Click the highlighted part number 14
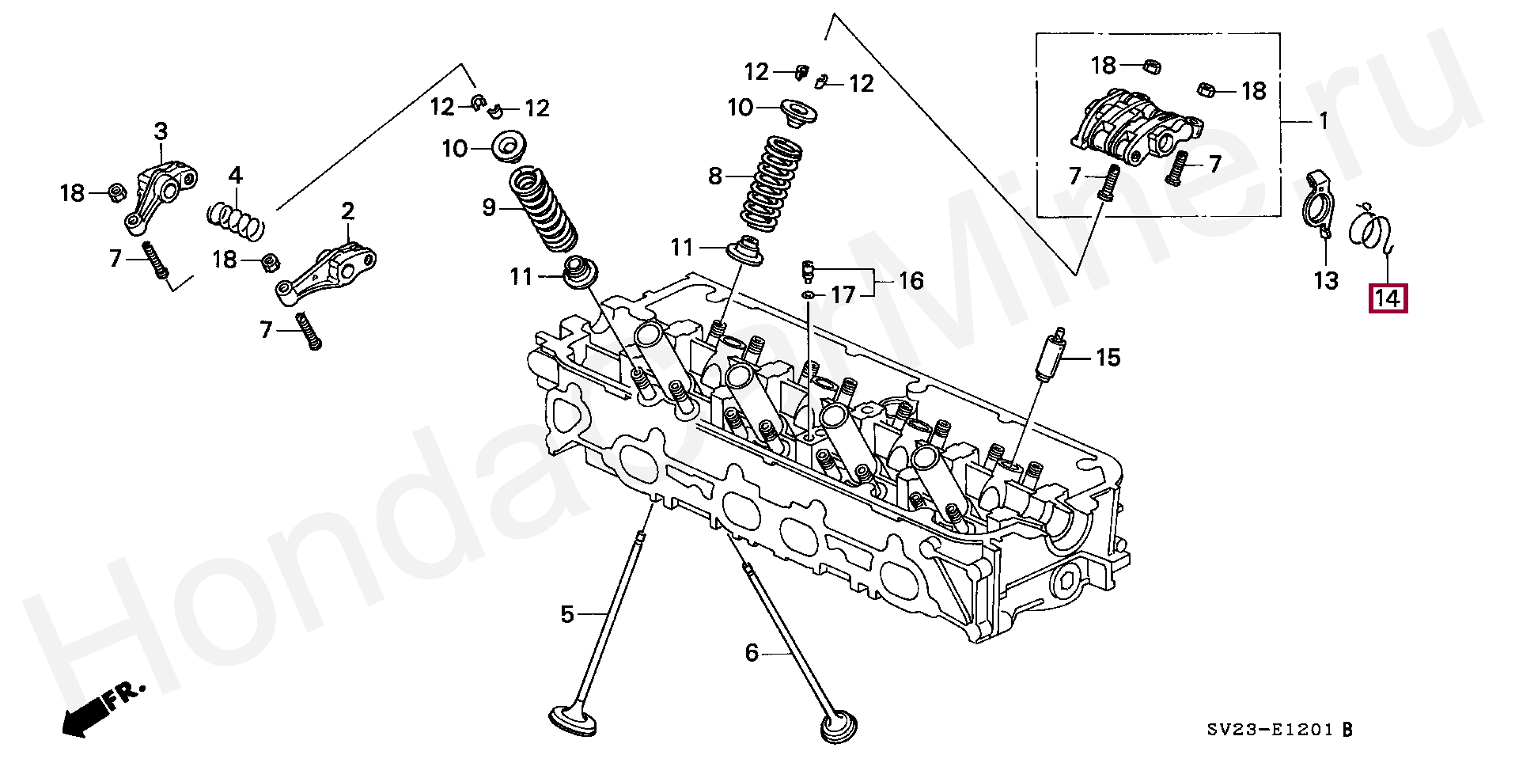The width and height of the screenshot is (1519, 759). point(1389,299)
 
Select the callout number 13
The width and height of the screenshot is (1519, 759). point(1326,280)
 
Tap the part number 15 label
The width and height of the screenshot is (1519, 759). point(1108,358)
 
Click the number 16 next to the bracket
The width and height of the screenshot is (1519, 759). point(911,281)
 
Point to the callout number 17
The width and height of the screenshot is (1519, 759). point(843,296)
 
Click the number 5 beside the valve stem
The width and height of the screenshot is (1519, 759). point(566,614)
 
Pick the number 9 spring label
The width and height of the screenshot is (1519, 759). point(488,208)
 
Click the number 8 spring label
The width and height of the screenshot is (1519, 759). point(715,176)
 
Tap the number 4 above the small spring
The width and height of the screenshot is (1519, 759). point(236,175)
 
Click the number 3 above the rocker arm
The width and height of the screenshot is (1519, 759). point(161,131)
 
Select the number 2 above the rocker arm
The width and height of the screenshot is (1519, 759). point(348,211)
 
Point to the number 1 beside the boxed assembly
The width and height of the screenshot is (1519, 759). point(1324,122)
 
